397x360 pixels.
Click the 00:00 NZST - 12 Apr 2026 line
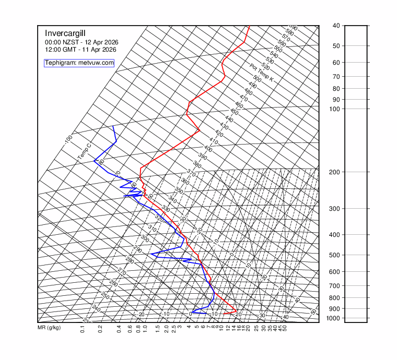point(80,42)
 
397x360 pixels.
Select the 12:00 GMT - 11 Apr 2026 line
point(80,50)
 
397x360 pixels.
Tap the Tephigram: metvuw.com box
point(79,63)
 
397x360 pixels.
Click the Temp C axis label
point(84,152)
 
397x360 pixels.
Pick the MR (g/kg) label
point(49,328)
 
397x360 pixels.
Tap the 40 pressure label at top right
point(336,26)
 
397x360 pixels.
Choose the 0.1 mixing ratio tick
point(83,329)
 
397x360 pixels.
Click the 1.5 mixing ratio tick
point(158,329)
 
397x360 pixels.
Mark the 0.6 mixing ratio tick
point(129,329)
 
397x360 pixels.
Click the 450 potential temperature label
point(234,112)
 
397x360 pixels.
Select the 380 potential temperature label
point(197,164)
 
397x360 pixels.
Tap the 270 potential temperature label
point(122,272)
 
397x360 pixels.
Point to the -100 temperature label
point(68,140)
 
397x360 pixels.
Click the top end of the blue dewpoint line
point(113,126)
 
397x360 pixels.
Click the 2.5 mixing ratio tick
point(173,329)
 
